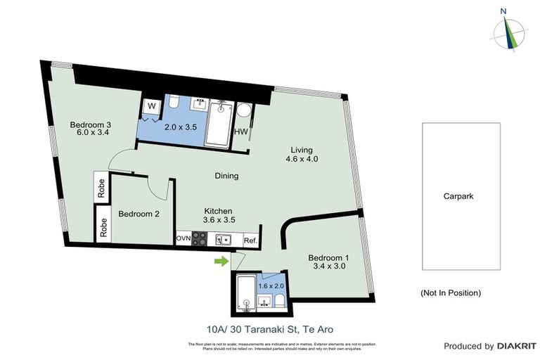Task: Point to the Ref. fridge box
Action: [x=250, y=240]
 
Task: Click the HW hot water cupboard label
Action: [x=240, y=131]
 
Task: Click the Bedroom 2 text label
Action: [x=139, y=214]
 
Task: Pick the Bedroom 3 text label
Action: [x=91, y=125]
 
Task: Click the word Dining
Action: [x=226, y=176]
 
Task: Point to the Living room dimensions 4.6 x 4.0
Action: [x=302, y=159]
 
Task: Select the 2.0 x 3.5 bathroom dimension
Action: [x=179, y=128]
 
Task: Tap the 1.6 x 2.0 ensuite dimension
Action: [x=270, y=285]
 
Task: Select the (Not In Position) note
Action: [x=451, y=292]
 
